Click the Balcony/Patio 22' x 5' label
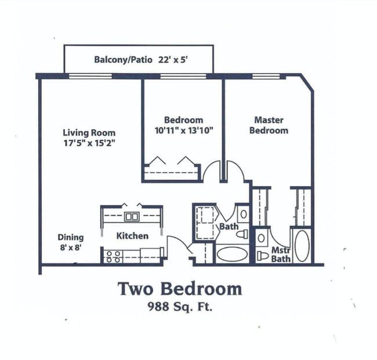[x=137, y=59]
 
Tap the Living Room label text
[x=89, y=132]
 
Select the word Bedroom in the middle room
[x=183, y=120]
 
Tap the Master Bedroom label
[x=269, y=125]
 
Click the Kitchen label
[x=132, y=235]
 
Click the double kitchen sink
[x=132, y=217]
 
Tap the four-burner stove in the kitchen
[x=113, y=256]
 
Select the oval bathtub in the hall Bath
[x=231, y=254]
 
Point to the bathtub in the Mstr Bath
[x=302, y=246]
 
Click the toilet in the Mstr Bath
[x=263, y=256]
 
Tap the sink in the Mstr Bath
[x=262, y=238]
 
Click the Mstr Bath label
[x=281, y=254]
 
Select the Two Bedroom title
[x=180, y=288]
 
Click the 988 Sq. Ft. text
[x=180, y=306]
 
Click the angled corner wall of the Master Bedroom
[x=307, y=83]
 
